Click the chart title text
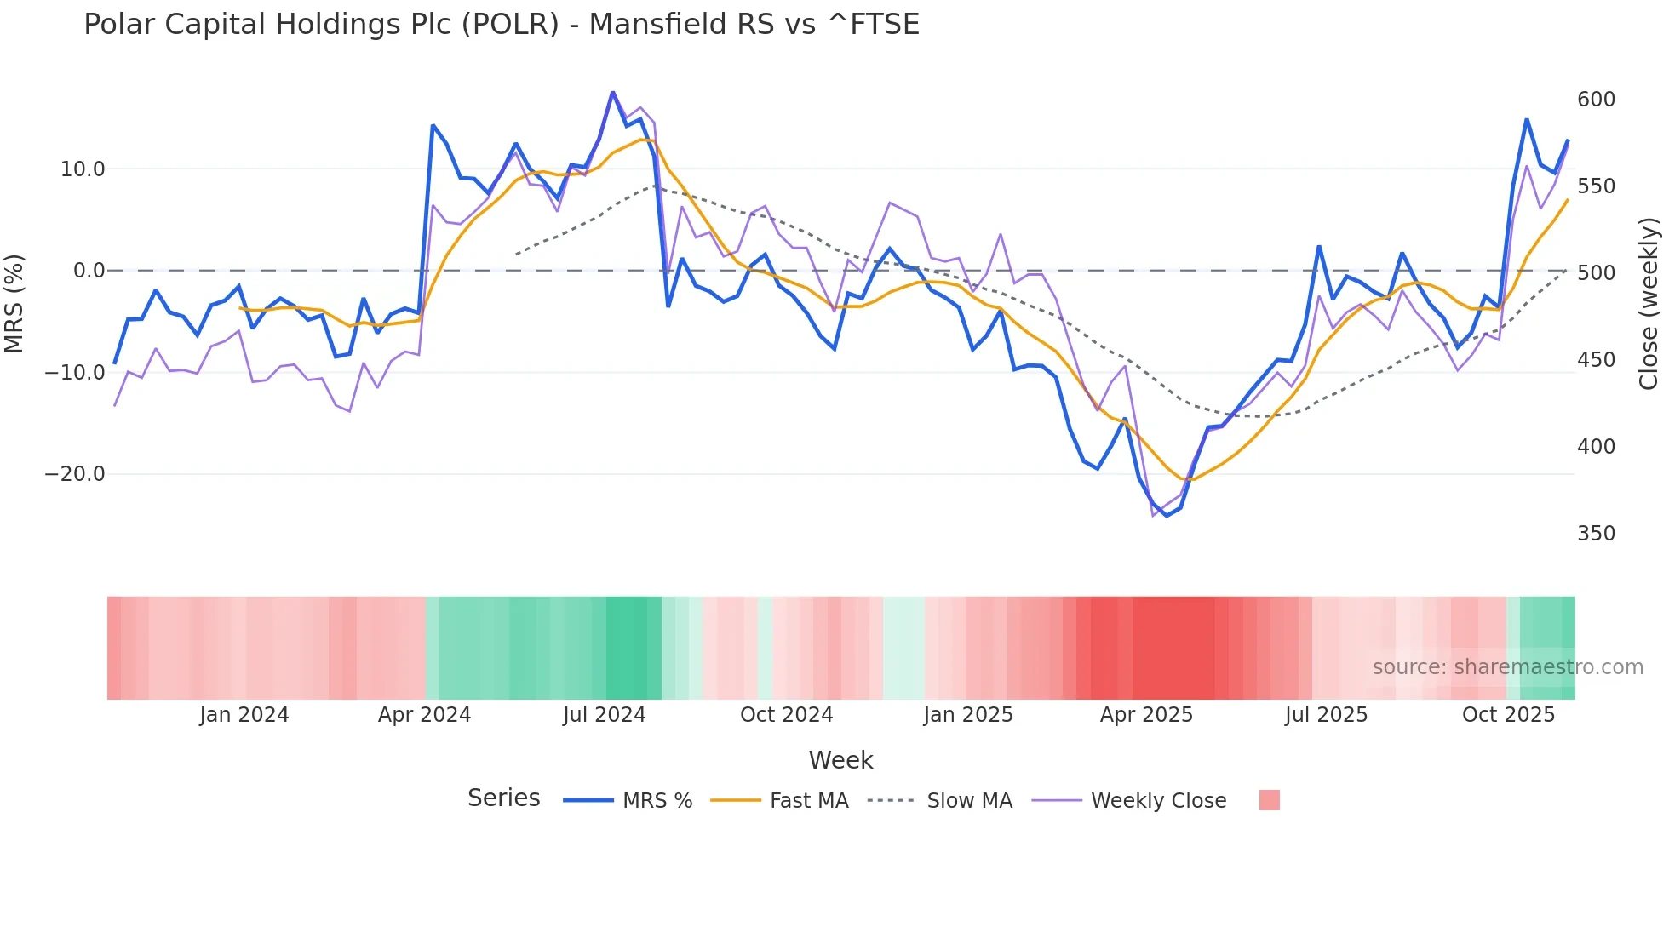click(502, 25)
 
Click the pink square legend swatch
click(1269, 800)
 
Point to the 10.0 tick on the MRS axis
click(83, 169)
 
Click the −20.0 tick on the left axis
click(75, 474)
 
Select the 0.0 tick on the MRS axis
click(89, 271)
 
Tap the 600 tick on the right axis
click(1596, 100)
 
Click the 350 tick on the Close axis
click(1596, 534)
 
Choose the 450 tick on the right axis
click(1596, 360)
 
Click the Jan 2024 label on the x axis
click(244, 715)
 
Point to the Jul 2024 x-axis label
click(605, 715)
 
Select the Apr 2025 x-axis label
click(1146, 715)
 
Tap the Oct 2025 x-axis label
click(1508, 715)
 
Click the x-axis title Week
click(840, 760)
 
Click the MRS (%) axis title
click(14, 304)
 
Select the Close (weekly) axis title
click(1649, 304)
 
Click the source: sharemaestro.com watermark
click(1507, 667)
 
